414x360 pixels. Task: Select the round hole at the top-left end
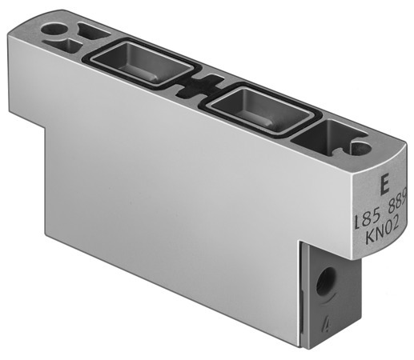[x=55, y=30]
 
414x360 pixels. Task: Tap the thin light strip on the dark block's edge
[x=301, y=296]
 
